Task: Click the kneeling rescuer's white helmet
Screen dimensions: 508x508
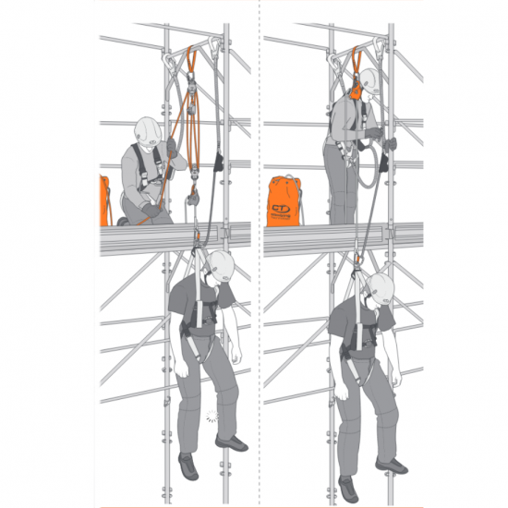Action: [x=148, y=128]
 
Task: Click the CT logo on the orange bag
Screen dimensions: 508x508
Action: [x=278, y=211]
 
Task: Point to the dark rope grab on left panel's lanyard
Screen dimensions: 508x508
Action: [x=219, y=163]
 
